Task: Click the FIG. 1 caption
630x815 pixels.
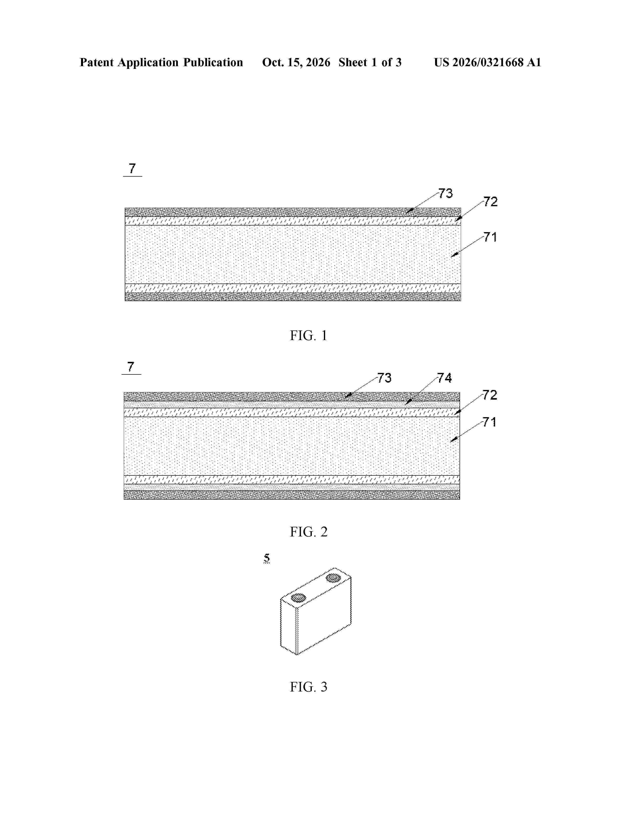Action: (x=308, y=335)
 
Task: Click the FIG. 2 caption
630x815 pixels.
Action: (x=308, y=532)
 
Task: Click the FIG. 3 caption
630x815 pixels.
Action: (x=308, y=687)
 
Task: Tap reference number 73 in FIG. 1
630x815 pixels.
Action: (x=445, y=193)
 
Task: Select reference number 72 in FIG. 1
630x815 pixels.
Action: (x=490, y=202)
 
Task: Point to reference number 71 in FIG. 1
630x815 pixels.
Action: (x=490, y=237)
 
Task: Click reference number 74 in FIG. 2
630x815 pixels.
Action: (x=444, y=378)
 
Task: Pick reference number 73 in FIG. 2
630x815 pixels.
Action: (x=384, y=378)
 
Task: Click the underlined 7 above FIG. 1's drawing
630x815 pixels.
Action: (x=132, y=169)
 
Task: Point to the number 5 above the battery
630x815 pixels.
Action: (x=267, y=558)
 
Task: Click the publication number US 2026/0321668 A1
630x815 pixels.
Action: (x=487, y=62)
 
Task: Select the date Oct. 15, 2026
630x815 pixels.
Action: (x=296, y=62)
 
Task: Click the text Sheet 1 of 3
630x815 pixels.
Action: (x=370, y=62)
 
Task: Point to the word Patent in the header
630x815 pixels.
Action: (x=97, y=62)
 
